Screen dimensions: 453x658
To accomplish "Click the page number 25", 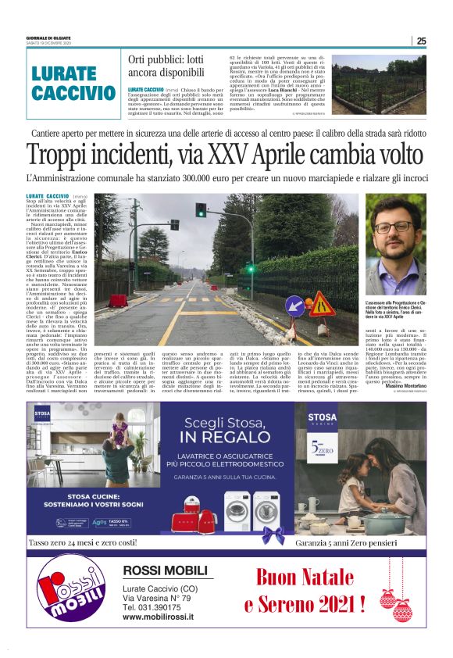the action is pos(421,41).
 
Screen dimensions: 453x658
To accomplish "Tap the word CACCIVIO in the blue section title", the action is pos(75,93).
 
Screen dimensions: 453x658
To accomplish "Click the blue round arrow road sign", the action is pos(296,305).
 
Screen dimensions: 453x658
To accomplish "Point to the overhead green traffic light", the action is pos(201,209).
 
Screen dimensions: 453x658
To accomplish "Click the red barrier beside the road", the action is pos(119,300).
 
